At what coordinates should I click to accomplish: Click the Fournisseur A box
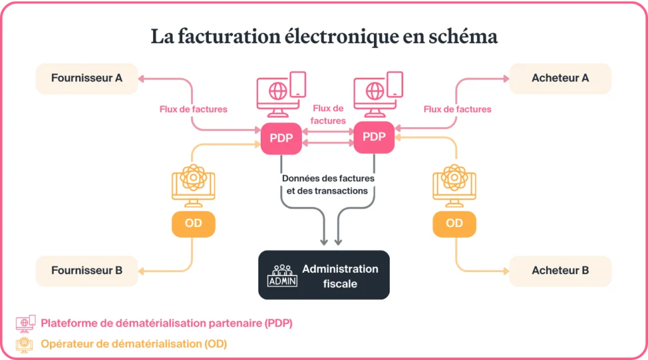(87, 78)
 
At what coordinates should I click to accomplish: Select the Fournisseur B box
(87, 271)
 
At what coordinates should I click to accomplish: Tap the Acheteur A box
(560, 78)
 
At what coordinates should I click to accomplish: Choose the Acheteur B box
(560, 271)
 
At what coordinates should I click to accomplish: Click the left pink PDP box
(281, 138)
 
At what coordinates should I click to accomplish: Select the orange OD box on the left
(193, 223)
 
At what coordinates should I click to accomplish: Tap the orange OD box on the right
(454, 223)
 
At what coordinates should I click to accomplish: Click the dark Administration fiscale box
(323, 275)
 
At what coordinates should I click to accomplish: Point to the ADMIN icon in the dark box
(282, 276)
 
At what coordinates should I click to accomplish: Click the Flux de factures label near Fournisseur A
(193, 109)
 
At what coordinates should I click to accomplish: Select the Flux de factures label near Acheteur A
(457, 109)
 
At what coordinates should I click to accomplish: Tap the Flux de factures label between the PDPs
(328, 115)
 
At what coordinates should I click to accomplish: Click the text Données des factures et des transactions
(328, 184)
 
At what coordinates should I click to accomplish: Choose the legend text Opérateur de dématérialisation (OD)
(134, 344)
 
